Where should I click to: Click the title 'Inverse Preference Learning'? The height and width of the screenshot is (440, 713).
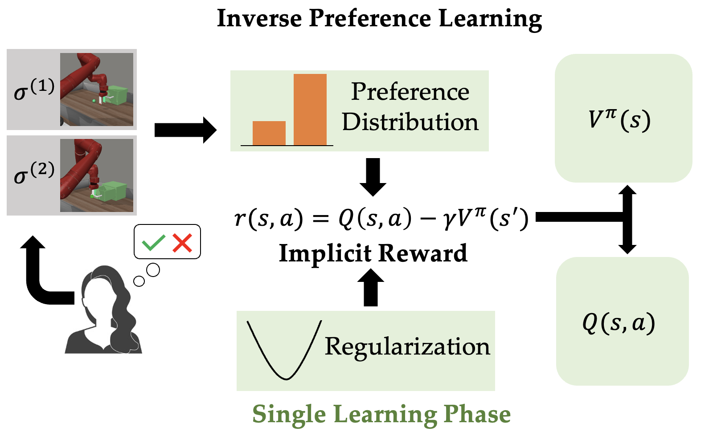pos(379,19)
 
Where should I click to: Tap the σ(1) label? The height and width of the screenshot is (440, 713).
pos(34,89)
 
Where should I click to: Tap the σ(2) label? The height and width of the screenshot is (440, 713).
pos(34,173)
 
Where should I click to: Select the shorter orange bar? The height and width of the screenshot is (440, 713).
pos(269,133)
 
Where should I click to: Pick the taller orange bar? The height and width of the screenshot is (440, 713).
pos(310,110)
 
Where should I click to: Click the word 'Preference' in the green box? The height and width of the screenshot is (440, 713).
pos(410,92)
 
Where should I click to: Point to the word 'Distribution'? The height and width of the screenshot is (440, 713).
pos(410,122)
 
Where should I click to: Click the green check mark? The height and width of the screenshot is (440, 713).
pos(153,243)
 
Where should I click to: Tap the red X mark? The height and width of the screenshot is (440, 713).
pos(182,243)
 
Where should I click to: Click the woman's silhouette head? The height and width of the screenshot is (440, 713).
pos(103,289)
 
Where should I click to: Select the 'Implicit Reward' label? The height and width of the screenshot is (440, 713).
pos(373,253)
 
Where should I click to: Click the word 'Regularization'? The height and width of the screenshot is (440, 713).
pos(407,346)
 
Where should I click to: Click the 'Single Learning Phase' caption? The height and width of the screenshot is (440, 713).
pos(381,414)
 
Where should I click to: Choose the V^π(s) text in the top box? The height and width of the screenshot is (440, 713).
pos(619,119)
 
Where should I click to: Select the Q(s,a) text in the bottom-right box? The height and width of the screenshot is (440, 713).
pos(619,322)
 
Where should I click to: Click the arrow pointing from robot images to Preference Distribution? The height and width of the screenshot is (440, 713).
pos(185,130)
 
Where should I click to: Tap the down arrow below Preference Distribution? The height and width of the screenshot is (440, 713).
pos(373,176)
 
